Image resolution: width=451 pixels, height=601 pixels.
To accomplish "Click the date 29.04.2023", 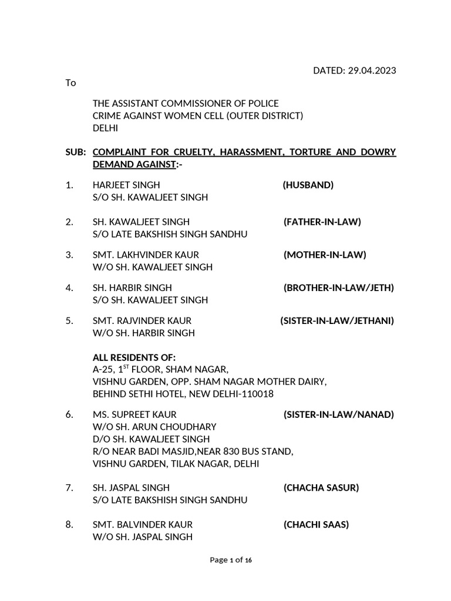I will (x=371, y=70).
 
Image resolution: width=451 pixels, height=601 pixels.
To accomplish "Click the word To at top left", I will (x=70, y=83).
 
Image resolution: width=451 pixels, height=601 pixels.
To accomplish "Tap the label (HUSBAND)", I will (x=308, y=185).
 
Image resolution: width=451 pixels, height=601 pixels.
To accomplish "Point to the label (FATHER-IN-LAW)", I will (x=322, y=221).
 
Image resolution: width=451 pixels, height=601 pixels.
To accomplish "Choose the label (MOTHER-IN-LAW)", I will (x=325, y=255).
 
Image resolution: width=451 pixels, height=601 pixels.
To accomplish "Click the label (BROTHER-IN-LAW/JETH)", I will (x=339, y=288).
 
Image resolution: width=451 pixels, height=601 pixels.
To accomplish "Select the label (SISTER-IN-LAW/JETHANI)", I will (x=337, y=320).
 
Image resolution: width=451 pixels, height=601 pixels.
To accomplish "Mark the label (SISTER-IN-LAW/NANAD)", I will (x=339, y=414).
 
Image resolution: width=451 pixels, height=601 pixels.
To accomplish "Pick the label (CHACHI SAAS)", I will (x=316, y=524).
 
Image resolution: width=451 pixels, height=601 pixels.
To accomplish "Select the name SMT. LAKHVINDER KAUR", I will (x=146, y=255).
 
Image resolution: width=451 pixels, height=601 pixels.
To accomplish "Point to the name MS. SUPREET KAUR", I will (x=134, y=414).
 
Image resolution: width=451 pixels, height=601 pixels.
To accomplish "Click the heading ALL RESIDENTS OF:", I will (x=134, y=357).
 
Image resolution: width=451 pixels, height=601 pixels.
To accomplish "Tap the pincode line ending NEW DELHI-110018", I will (x=183, y=394).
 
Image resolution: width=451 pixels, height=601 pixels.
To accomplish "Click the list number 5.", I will (x=69, y=320).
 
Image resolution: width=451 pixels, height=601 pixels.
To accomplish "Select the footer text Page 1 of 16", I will (x=231, y=560).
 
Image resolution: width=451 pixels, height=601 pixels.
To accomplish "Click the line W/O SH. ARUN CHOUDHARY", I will (x=154, y=427).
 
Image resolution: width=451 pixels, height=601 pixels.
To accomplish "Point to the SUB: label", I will (x=76, y=152).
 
